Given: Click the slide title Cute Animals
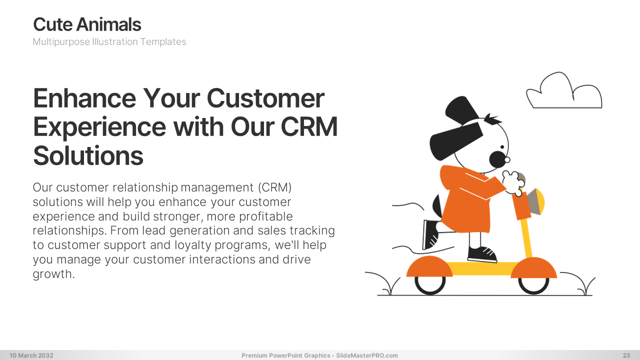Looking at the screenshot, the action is tap(87, 24).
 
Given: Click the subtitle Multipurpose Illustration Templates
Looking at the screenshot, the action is tap(109, 41).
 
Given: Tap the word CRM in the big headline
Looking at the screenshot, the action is tap(309, 126).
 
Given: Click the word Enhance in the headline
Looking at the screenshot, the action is tap(84, 98).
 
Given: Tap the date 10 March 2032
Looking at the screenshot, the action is tap(31, 355).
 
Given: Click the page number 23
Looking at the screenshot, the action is tap(626, 355).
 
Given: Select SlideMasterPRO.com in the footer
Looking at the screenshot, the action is tap(367, 355).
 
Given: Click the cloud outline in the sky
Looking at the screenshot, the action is tap(564, 90).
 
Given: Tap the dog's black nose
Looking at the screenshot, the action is tap(497, 159).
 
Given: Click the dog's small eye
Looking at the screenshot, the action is tap(502, 147).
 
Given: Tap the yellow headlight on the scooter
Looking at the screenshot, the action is tap(540, 201).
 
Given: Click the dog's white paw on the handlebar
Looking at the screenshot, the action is tap(513, 183).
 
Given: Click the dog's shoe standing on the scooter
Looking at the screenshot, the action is tap(482, 254).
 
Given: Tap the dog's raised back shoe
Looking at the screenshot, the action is tap(430, 234).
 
